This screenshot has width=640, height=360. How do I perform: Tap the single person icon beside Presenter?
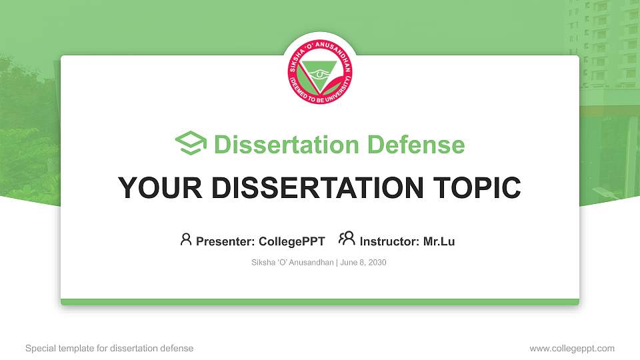[186, 239]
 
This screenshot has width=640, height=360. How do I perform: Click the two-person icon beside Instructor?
[347, 239]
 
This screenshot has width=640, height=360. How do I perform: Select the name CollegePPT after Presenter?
[291, 241]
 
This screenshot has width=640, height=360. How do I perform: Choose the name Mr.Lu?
[439, 241]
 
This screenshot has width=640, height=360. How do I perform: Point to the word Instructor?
[390, 241]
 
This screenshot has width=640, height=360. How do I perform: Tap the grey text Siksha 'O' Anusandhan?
[292, 263]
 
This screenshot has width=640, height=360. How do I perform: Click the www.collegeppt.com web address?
[571, 348]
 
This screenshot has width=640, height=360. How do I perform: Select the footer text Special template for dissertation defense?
[109, 348]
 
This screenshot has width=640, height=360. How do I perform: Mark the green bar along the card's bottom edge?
[320, 302]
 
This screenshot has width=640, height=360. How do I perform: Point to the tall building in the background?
[603, 40]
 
